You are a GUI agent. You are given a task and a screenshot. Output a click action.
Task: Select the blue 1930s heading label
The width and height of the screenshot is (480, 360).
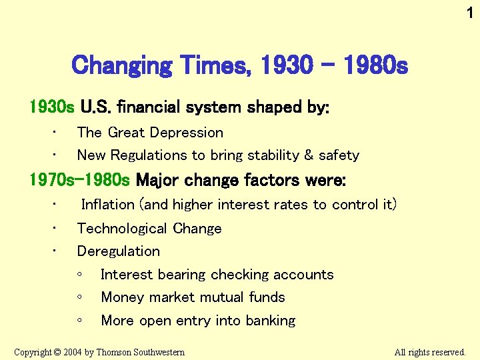52,107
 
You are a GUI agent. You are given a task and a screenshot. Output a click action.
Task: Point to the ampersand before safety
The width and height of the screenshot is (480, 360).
308,155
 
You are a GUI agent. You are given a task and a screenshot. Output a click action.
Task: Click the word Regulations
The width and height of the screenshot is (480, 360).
149,155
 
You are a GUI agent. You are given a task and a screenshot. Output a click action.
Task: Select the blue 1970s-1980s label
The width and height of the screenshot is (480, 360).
80,180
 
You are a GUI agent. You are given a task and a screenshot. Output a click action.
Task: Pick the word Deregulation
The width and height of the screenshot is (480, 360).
119,251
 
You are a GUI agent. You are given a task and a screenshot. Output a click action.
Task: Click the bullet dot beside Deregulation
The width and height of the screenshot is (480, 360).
56,251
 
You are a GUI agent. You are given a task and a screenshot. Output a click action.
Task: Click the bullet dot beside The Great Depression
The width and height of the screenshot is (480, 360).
56,133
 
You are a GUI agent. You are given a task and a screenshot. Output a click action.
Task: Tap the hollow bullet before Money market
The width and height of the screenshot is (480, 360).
79,297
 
